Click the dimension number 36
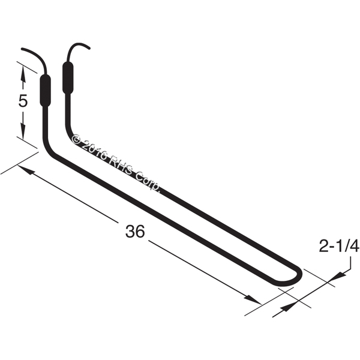[x=135, y=231]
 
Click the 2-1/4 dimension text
[x=339, y=247]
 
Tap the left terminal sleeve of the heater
[x=45, y=90]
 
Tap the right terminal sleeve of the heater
[x=68, y=78]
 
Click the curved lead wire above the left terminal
[x=38, y=57]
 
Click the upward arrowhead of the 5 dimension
[x=23, y=73]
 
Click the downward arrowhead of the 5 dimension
[x=23, y=131]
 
